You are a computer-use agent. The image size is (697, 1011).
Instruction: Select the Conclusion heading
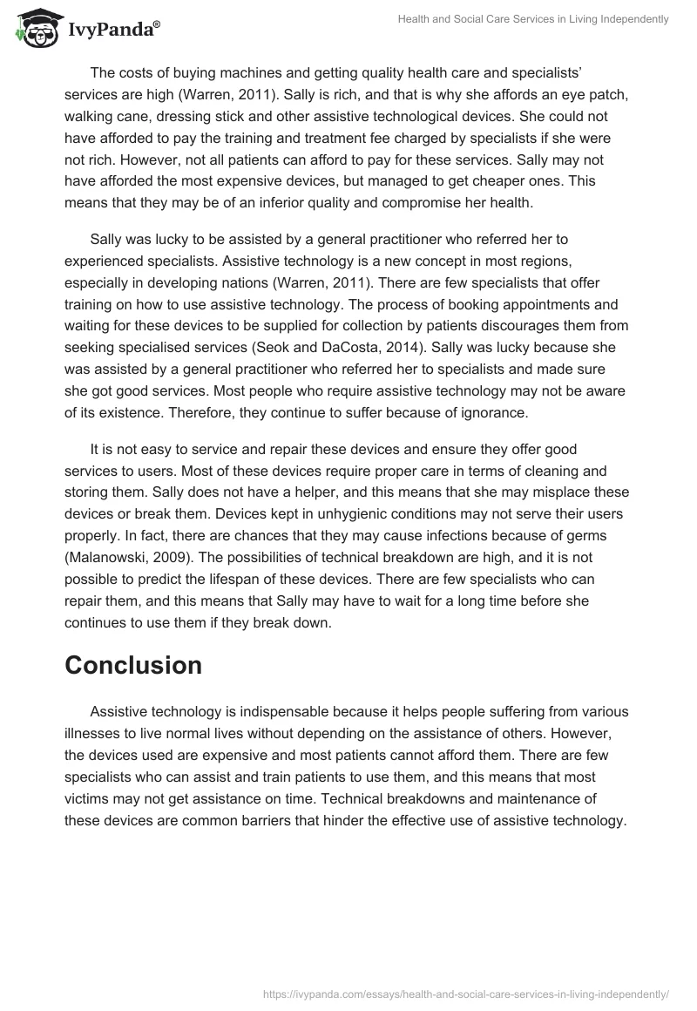tap(133, 665)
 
